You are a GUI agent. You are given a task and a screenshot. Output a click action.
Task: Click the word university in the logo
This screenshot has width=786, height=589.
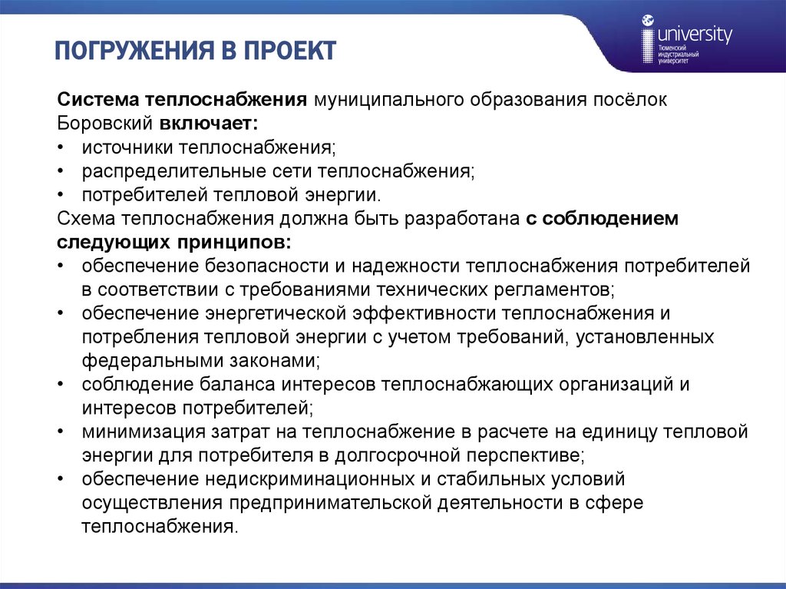tap(695, 35)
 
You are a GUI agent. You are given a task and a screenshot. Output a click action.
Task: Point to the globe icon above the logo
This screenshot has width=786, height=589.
tap(649, 21)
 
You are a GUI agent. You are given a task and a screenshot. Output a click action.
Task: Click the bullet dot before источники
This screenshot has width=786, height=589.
tap(61, 145)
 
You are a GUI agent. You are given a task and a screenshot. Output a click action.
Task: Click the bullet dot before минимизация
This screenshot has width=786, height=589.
tap(61, 432)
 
